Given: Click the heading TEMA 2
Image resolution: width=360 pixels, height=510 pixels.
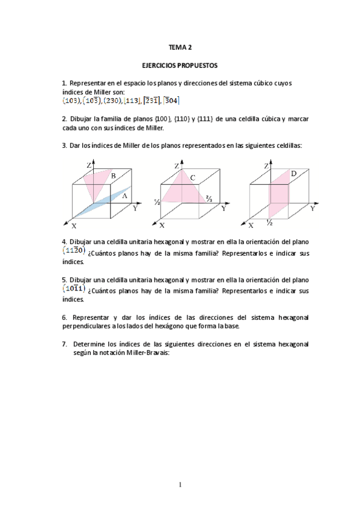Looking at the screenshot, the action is point(180,46).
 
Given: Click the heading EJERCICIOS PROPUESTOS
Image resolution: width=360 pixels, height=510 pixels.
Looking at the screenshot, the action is point(180,64).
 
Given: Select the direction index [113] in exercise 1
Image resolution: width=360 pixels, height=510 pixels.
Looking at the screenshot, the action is point(132,100).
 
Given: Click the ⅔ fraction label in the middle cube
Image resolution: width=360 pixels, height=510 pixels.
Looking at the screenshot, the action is point(209,197).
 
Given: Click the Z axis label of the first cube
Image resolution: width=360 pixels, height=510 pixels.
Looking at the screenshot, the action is point(88,165).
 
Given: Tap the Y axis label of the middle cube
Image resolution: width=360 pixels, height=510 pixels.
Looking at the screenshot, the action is point(224,208).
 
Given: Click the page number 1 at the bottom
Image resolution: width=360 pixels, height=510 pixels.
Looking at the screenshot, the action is point(180,484).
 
